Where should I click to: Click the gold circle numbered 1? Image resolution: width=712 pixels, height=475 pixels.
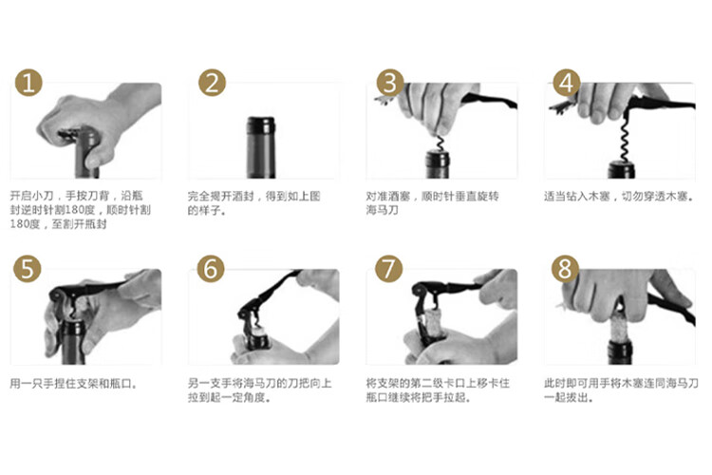(x=28, y=83)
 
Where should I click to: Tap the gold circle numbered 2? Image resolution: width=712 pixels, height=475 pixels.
(x=212, y=83)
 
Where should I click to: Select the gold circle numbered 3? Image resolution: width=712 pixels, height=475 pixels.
(x=390, y=83)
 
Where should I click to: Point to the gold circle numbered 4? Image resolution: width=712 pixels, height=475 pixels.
(x=566, y=83)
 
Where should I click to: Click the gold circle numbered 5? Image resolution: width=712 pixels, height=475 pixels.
(x=28, y=269)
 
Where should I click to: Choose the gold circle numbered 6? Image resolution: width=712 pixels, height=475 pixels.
(x=211, y=269)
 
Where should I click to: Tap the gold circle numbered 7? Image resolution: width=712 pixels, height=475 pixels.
(x=388, y=269)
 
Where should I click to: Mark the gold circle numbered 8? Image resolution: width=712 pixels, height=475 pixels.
(x=565, y=269)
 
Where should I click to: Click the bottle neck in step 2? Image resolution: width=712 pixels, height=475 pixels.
(x=261, y=148)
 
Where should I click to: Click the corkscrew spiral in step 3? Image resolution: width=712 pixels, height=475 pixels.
(x=440, y=143)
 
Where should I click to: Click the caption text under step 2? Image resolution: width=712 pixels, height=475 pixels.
(x=254, y=203)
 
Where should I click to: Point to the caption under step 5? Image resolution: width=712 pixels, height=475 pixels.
(x=73, y=384)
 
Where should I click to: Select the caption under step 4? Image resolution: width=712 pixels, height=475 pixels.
(x=619, y=197)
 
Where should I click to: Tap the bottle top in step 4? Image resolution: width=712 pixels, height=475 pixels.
(x=622, y=169)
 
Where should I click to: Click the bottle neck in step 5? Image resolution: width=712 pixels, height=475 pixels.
(x=73, y=342)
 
